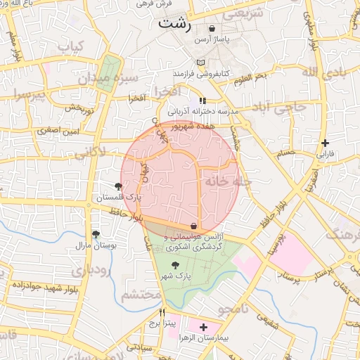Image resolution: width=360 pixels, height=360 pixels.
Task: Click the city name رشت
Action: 174,24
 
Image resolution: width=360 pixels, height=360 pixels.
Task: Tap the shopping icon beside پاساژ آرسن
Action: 212,29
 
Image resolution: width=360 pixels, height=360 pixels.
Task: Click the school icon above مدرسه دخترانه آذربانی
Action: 202,101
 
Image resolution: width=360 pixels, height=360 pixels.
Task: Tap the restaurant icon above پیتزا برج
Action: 162,313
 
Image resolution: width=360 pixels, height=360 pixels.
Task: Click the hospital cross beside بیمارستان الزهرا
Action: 204,327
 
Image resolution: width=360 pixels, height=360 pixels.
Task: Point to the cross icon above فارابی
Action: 324,143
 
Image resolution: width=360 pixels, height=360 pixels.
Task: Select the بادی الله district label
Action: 324,73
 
